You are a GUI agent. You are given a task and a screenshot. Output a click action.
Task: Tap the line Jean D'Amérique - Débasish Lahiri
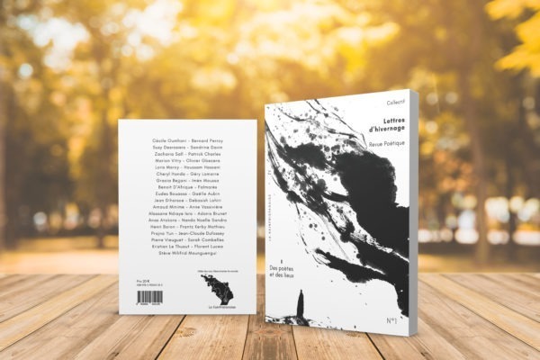(x=188, y=207)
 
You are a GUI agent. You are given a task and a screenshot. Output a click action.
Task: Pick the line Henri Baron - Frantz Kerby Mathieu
(x=188, y=234)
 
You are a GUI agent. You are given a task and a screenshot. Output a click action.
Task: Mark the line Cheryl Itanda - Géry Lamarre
(x=188, y=174)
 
